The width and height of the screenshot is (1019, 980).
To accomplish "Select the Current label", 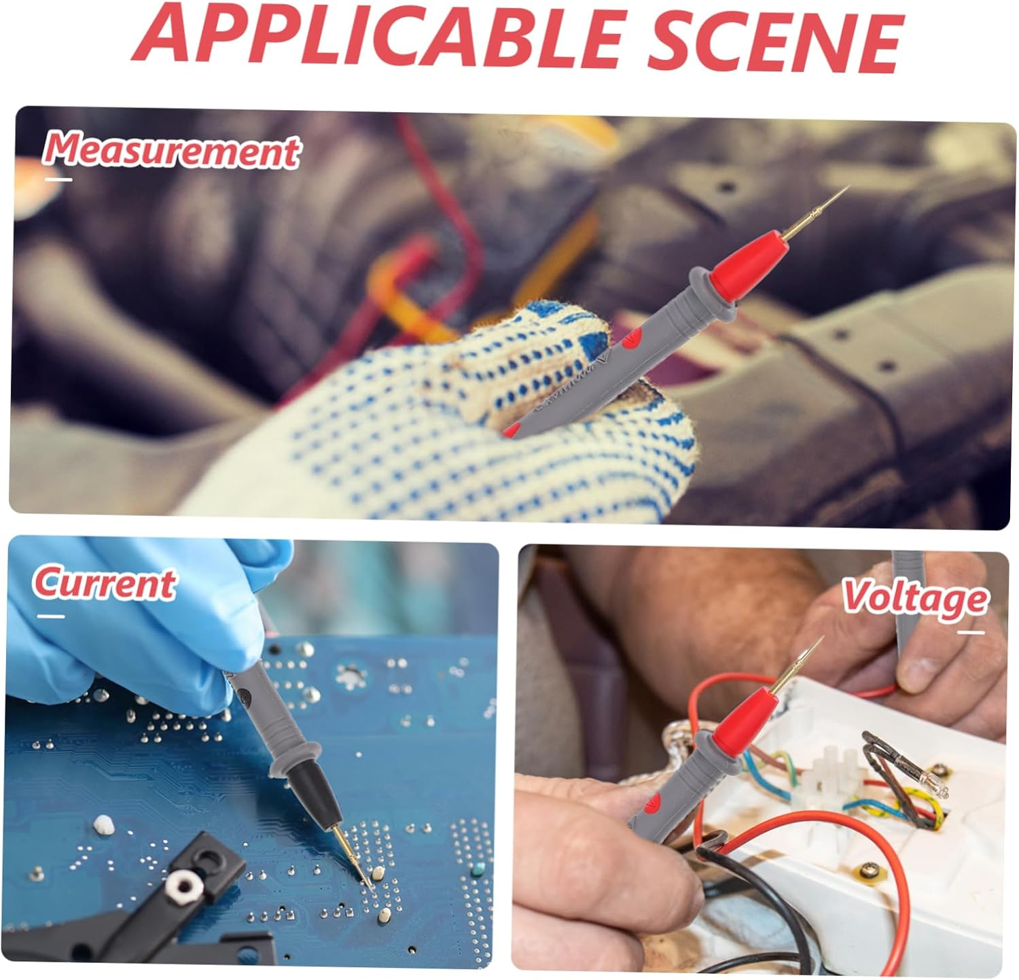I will tap(104, 583).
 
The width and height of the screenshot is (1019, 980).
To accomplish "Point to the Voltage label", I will tap(914, 598).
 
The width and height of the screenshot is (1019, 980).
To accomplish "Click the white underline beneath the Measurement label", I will tap(58, 179).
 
